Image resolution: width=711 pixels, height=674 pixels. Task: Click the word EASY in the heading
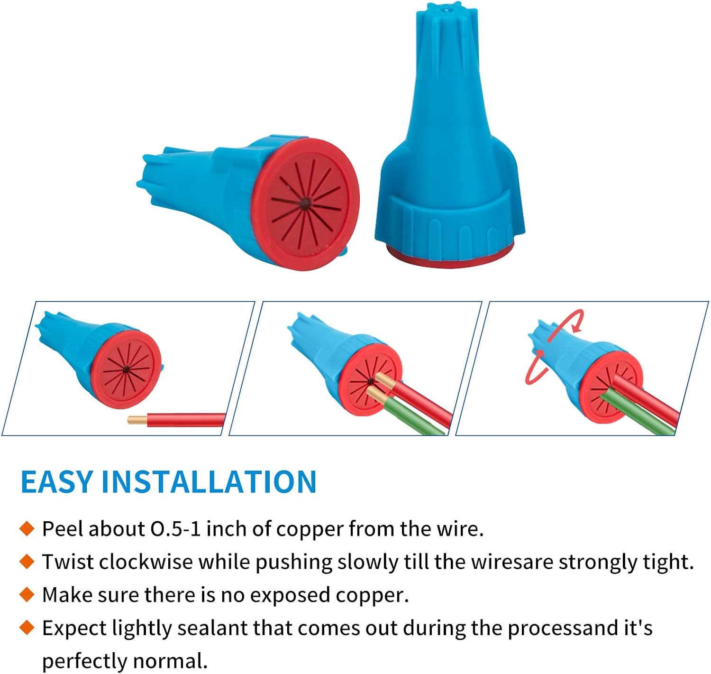[57, 482]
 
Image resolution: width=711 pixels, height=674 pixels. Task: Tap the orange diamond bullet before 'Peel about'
[27, 529]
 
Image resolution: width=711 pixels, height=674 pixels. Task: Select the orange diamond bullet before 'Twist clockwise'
[27, 562]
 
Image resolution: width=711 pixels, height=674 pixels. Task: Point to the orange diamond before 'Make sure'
[27, 595]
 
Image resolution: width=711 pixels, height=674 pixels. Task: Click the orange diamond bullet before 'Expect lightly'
[27, 628]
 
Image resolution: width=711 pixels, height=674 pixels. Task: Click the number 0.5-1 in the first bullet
[175, 529]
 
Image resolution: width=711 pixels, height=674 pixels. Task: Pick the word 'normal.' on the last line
[170, 661]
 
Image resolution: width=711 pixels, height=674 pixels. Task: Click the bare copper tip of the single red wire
[137, 420]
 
